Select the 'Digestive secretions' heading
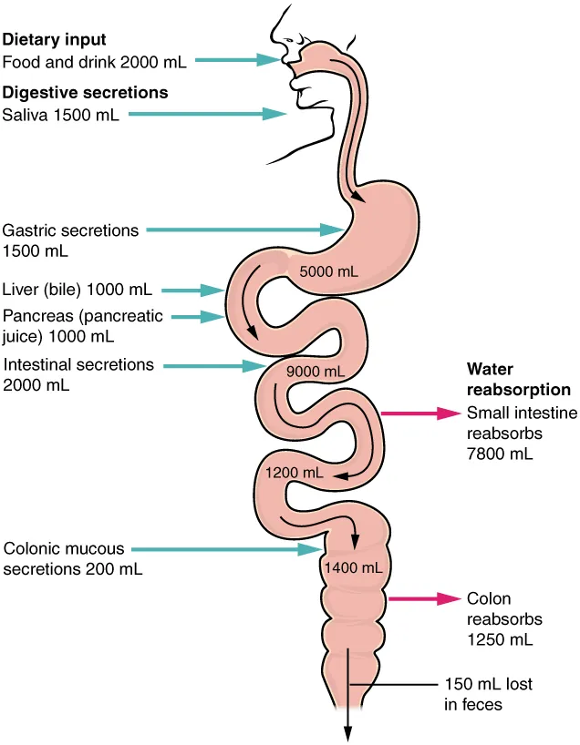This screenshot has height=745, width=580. (x=85, y=92)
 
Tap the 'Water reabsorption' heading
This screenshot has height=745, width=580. (x=518, y=380)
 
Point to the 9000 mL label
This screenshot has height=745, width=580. (x=315, y=371)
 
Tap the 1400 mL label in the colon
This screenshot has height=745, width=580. (x=352, y=567)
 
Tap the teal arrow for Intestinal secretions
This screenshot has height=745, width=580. (x=214, y=365)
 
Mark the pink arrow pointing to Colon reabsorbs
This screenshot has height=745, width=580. (x=423, y=598)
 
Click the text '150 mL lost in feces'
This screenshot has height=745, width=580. (x=488, y=693)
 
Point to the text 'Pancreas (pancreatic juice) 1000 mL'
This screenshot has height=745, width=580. (x=83, y=326)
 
